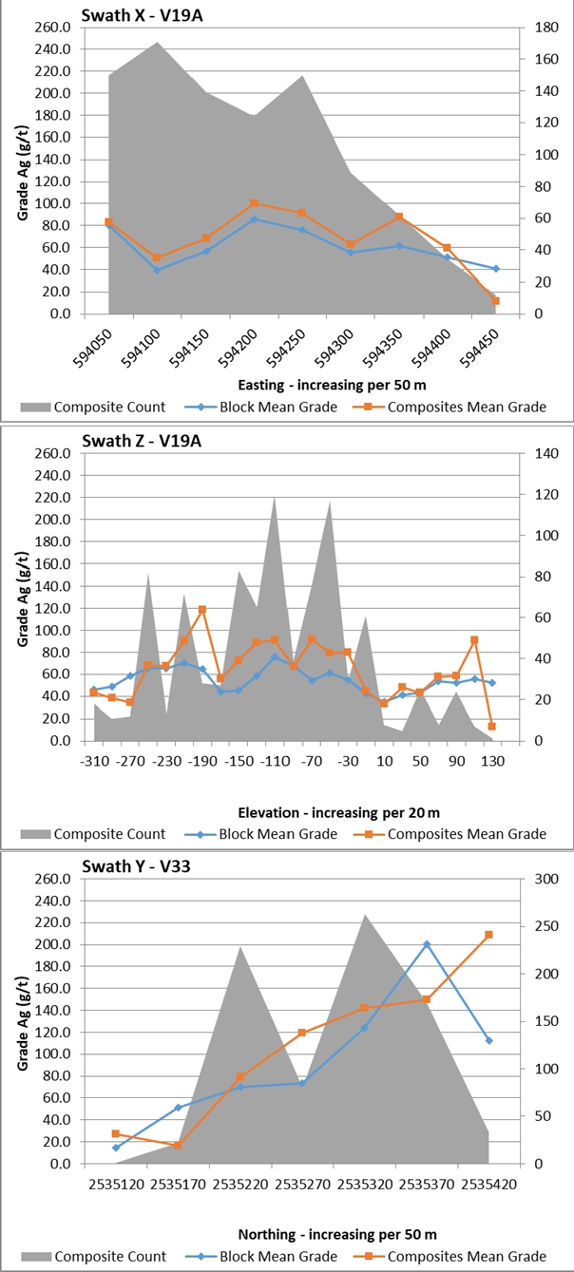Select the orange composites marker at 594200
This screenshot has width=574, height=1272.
(x=254, y=203)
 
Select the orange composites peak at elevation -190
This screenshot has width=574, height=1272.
(x=202, y=610)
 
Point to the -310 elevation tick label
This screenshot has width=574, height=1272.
(x=93, y=761)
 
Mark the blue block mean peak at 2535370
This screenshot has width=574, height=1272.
(x=427, y=944)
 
